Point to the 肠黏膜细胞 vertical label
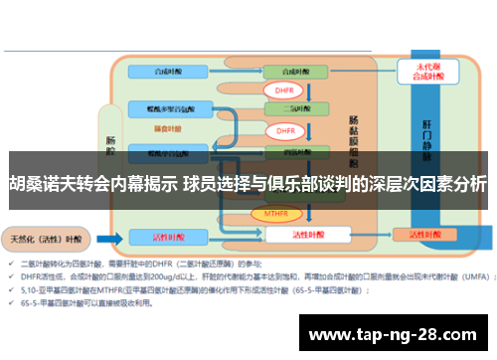354,139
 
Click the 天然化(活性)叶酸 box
48,239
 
